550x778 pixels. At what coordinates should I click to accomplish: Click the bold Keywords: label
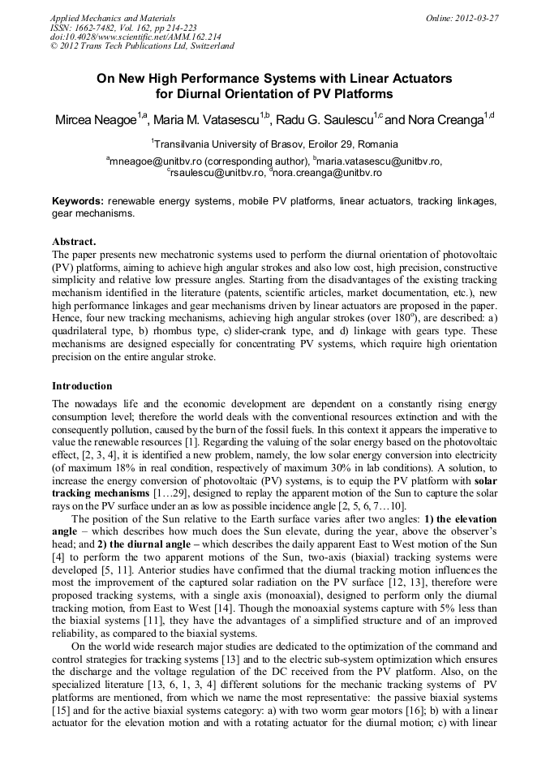tap(78, 200)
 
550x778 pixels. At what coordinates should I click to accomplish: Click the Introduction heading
tap(82, 385)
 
